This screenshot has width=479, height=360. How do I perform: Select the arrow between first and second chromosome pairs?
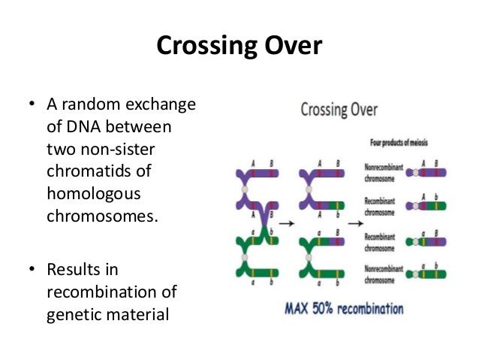287,222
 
